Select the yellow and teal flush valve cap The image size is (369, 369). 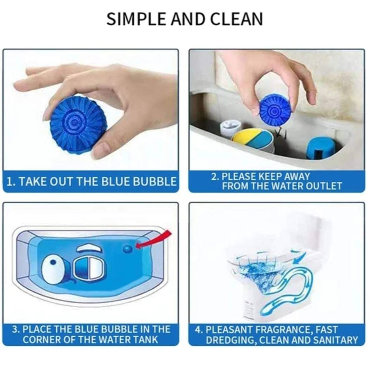coord(252,139)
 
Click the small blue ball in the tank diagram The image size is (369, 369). coord(128,248)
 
